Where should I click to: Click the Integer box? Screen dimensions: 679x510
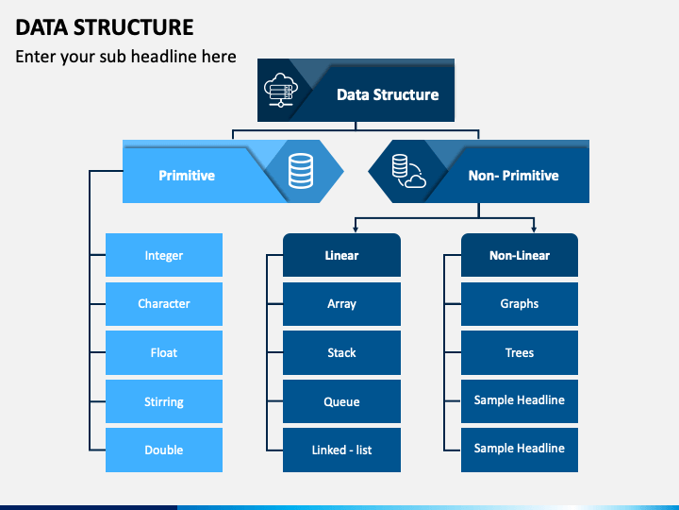tap(164, 255)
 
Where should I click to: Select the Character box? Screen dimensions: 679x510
tap(164, 304)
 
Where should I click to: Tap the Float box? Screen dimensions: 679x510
tap(164, 352)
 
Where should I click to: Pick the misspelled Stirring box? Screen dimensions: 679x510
tap(164, 401)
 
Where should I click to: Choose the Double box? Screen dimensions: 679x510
tap(164, 450)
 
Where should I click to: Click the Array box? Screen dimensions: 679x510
tap(341, 304)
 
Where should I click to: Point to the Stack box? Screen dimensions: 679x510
tap(341, 352)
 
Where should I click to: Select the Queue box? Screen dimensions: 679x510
tap(341, 401)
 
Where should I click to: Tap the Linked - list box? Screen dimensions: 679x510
tap(341, 450)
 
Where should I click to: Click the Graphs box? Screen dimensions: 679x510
tap(520, 304)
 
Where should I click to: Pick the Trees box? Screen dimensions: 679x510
tap(520, 352)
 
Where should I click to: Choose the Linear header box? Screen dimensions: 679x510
tap(341, 255)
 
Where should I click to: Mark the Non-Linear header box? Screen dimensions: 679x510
tap(520, 255)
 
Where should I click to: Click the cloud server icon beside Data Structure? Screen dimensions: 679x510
tap(281, 91)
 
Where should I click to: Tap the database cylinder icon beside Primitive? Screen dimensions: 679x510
tap(301, 171)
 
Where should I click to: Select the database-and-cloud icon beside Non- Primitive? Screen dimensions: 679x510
tap(408, 171)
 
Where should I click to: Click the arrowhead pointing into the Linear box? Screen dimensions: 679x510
tap(356, 229)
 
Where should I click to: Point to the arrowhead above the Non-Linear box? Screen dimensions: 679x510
tap(534, 229)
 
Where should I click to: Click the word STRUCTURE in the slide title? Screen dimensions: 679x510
tap(133, 27)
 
